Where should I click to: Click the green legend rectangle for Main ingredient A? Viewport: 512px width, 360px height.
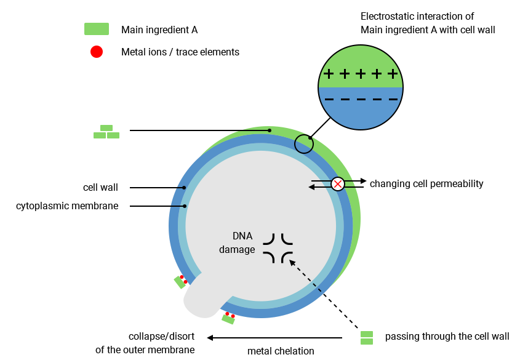click(97, 29)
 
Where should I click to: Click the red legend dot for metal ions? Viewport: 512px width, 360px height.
click(97, 52)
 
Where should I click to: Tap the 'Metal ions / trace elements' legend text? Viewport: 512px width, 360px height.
click(180, 52)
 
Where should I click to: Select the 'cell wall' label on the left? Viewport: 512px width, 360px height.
click(100, 187)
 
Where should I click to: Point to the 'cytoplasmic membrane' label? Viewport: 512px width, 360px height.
click(67, 206)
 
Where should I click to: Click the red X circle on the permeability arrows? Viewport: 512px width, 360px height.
click(338, 183)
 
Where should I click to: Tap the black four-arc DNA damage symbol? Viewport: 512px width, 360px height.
click(278, 248)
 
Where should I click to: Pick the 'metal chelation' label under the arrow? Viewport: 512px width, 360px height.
click(281, 351)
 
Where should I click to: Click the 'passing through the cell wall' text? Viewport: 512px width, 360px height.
click(447, 337)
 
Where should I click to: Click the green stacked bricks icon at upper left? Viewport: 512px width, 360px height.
click(106, 132)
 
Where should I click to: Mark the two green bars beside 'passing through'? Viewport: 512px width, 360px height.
click(367, 337)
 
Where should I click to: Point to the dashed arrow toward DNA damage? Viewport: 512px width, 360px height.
click(324, 293)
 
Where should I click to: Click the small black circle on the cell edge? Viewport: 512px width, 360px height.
click(303, 145)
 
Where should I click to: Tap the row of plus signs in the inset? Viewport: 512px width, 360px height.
click(361, 74)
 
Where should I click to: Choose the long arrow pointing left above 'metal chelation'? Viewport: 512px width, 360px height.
click(274, 337)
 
